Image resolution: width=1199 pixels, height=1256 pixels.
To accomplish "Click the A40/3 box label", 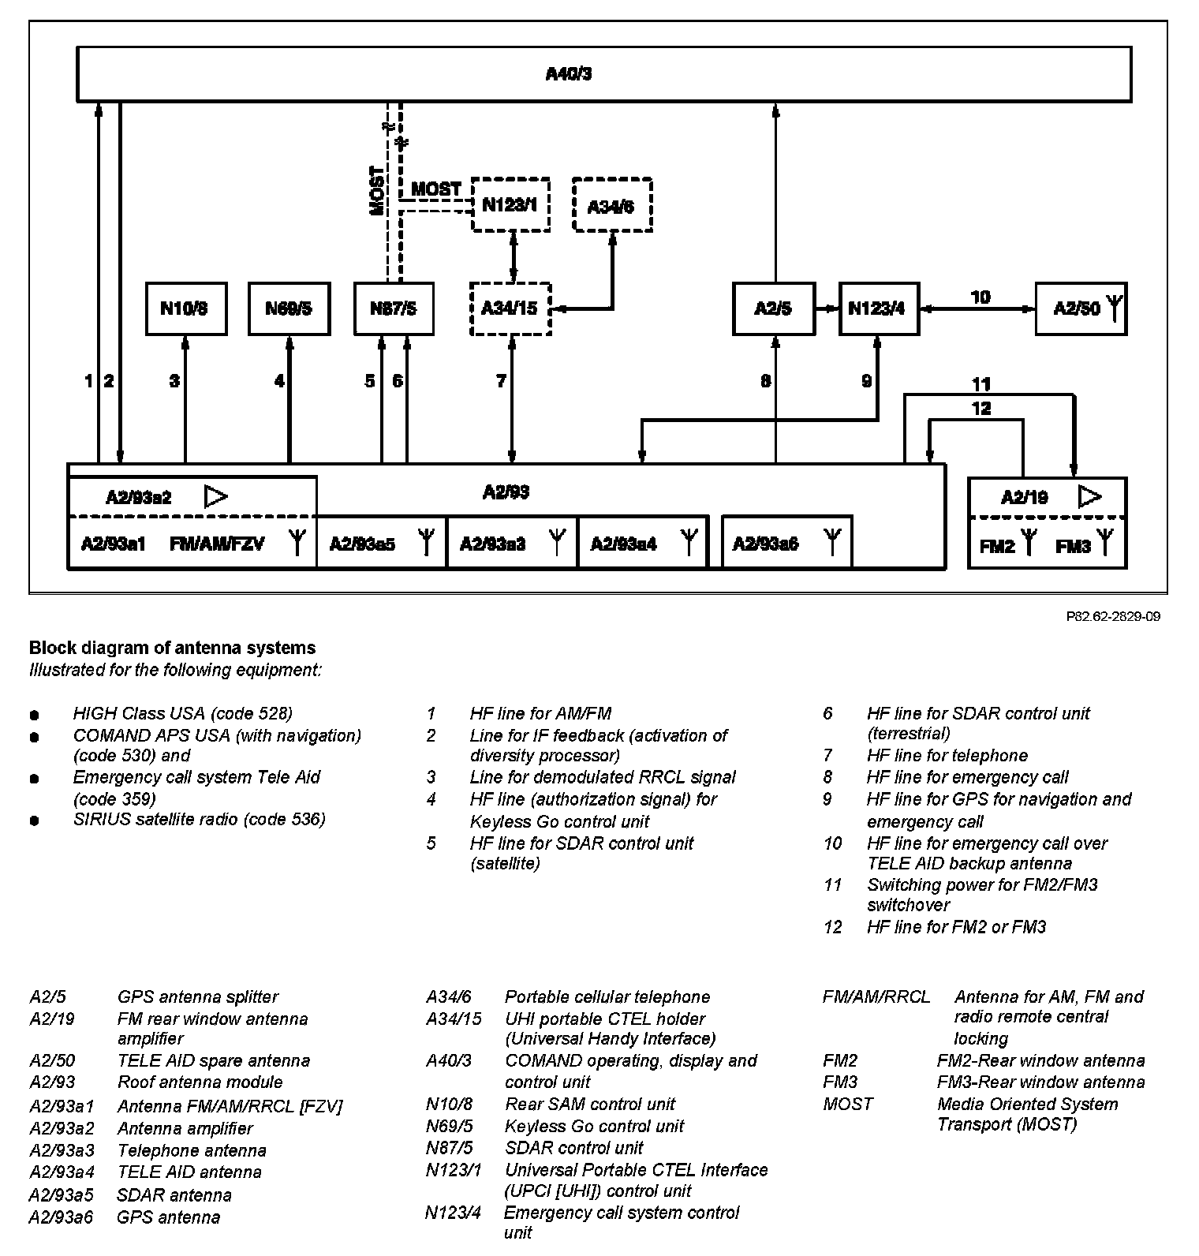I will click(569, 74).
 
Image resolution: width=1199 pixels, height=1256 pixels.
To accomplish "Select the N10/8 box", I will click(186, 308).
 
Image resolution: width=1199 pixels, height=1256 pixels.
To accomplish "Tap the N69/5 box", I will click(289, 308).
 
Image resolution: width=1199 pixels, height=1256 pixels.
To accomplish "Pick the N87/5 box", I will click(394, 308).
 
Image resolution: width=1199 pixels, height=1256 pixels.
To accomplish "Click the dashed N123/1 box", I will click(510, 205).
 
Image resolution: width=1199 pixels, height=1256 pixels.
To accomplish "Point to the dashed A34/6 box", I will click(612, 205).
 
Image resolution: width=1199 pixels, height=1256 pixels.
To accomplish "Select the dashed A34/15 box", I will click(510, 308).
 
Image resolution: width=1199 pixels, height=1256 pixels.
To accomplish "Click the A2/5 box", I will click(773, 308).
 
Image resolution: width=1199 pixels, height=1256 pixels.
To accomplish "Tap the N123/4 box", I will click(878, 308).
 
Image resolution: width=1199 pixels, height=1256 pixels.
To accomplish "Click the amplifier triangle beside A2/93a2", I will click(216, 496).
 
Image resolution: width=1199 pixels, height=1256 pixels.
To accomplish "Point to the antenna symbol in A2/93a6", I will click(832, 542).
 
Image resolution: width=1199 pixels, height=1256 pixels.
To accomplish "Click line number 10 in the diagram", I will click(980, 297).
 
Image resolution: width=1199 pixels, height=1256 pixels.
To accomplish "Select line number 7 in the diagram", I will click(501, 382).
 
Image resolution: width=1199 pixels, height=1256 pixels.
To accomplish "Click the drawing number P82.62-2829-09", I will click(1113, 616).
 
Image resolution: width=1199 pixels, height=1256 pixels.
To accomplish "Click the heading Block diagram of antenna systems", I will click(172, 648).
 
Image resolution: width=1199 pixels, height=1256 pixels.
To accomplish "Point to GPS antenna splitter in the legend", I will click(197, 997).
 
